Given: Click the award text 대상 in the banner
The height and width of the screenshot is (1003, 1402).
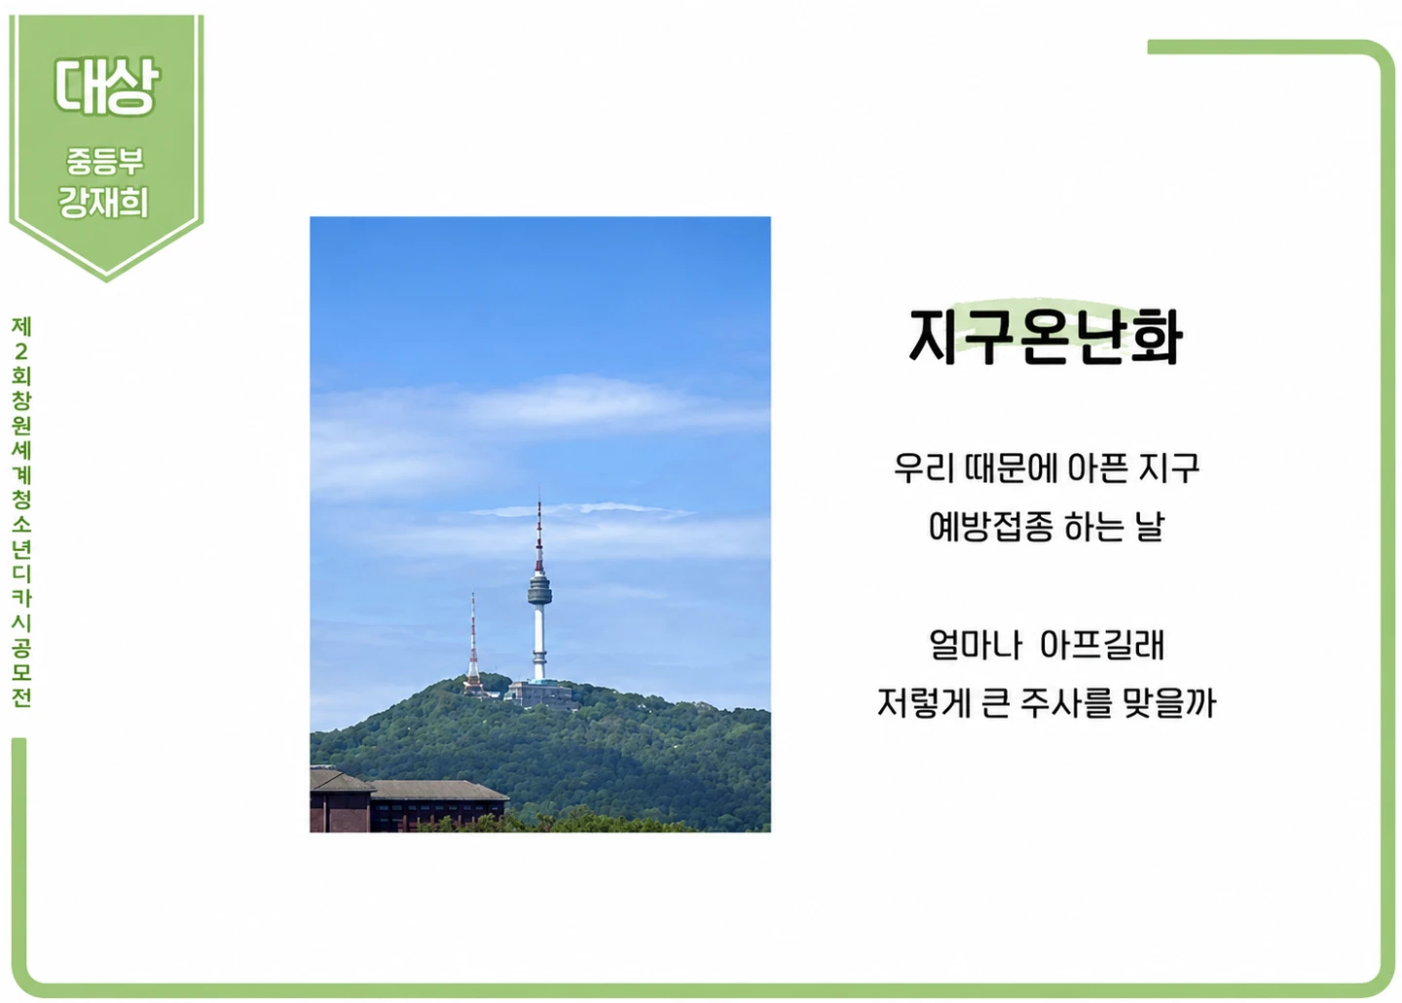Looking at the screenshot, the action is (x=106, y=86).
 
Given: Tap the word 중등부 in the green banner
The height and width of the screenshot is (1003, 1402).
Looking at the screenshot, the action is (x=105, y=161).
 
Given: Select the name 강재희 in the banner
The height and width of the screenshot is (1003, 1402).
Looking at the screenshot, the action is (x=104, y=203).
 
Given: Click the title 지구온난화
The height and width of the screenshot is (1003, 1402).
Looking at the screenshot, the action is (x=1046, y=336).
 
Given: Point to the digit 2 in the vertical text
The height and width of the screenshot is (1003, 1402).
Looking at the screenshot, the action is (x=21, y=352).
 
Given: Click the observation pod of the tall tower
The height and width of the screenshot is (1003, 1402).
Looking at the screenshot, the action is (x=539, y=589).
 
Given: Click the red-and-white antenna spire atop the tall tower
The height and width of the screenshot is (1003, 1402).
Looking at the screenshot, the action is (x=539, y=536).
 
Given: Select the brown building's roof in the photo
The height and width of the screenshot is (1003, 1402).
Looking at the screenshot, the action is (x=407, y=787).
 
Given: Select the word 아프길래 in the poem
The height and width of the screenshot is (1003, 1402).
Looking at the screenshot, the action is (x=1101, y=645).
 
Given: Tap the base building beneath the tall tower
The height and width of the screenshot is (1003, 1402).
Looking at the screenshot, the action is (x=540, y=693).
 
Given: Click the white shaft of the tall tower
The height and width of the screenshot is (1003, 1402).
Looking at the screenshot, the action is (x=539, y=642).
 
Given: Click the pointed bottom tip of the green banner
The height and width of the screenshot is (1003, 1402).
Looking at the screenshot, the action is (x=106, y=279).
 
